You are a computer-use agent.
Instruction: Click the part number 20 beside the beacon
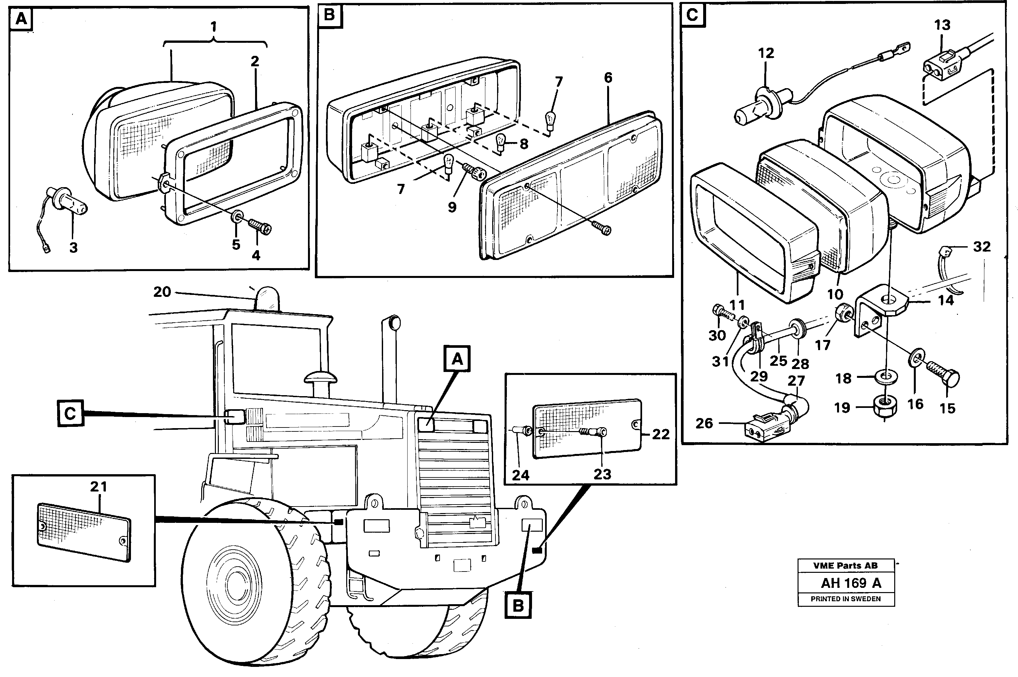point(162,292)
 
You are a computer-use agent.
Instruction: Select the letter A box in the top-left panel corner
point(21,19)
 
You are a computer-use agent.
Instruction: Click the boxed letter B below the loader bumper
point(518,606)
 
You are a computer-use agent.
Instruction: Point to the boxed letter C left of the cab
point(70,414)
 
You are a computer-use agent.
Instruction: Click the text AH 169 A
point(851,583)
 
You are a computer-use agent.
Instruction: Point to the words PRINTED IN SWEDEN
point(845,599)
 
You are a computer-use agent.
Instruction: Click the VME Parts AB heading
point(845,566)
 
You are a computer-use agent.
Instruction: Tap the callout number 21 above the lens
point(98,487)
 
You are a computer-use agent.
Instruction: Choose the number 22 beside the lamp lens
point(660,434)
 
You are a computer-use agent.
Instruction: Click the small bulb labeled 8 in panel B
point(501,141)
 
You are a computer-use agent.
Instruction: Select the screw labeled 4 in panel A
point(260,225)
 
